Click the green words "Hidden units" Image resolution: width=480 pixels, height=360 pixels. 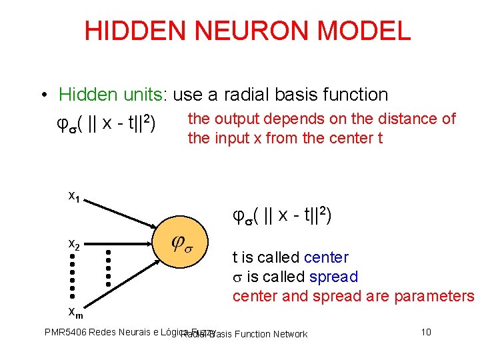point(111,95)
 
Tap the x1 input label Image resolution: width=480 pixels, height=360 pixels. point(75,195)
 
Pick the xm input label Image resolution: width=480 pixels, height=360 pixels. point(75,311)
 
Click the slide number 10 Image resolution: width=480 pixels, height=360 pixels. point(427,331)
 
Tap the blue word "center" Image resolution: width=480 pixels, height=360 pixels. point(325,257)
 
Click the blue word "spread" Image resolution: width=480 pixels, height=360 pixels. point(333,277)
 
